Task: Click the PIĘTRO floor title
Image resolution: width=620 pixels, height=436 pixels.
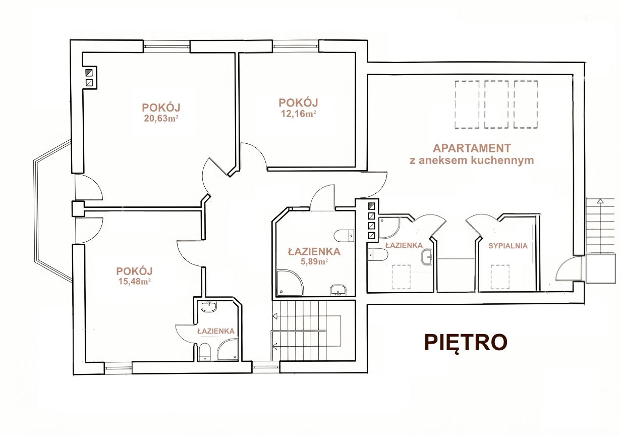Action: pos(466,343)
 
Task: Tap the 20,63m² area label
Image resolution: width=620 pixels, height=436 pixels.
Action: pos(161,119)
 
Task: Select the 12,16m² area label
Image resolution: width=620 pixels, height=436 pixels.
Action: pos(299,114)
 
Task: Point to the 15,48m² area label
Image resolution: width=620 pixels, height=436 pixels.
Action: pos(135,282)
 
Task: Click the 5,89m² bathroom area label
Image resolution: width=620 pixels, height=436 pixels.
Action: pos(314,261)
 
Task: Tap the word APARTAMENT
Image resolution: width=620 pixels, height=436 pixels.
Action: pos(472,148)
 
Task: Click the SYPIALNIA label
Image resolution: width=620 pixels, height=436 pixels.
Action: pos(508,246)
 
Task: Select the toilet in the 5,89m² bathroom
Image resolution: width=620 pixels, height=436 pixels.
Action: pos(344,236)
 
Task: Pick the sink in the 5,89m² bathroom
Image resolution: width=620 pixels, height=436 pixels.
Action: pos(338,290)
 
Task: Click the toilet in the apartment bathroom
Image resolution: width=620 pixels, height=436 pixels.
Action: pos(378,254)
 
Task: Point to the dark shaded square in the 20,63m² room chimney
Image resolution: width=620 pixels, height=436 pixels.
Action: pos(89,73)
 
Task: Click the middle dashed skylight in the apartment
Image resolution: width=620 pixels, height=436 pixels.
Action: pos(496,104)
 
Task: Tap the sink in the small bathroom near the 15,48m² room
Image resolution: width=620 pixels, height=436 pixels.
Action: pos(209,307)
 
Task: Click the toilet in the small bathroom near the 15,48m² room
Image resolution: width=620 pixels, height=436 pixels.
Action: pos(204,352)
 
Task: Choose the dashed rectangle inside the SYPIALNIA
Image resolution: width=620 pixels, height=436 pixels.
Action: pos(500,277)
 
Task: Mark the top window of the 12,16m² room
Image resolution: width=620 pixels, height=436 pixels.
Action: pos(296,46)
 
